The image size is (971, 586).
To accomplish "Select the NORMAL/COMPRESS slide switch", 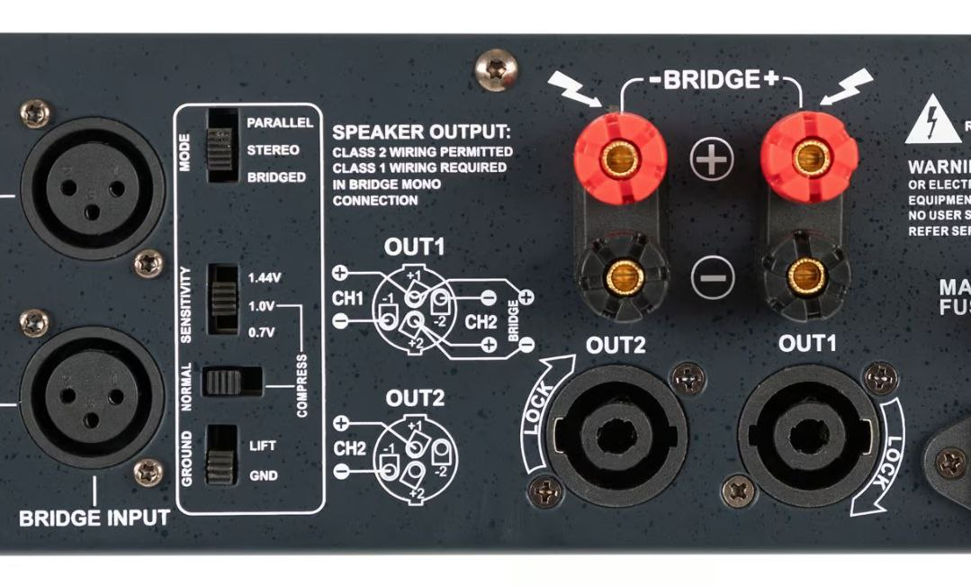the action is click(x=231, y=382).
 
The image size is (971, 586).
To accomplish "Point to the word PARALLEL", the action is click(x=280, y=122).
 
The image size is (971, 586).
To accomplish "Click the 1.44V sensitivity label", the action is click(x=265, y=278).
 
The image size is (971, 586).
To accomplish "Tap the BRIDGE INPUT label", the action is click(x=94, y=518).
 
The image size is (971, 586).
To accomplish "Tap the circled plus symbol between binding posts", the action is click(x=712, y=159).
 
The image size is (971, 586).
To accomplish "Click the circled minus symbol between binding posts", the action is click(x=712, y=276).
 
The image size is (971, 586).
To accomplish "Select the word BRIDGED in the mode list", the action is click(x=276, y=177).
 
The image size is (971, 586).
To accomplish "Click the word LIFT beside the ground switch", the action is click(x=263, y=446).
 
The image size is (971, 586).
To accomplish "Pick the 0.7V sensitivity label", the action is click(x=262, y=332).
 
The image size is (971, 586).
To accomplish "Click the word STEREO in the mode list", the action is click(x=273, y=150).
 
